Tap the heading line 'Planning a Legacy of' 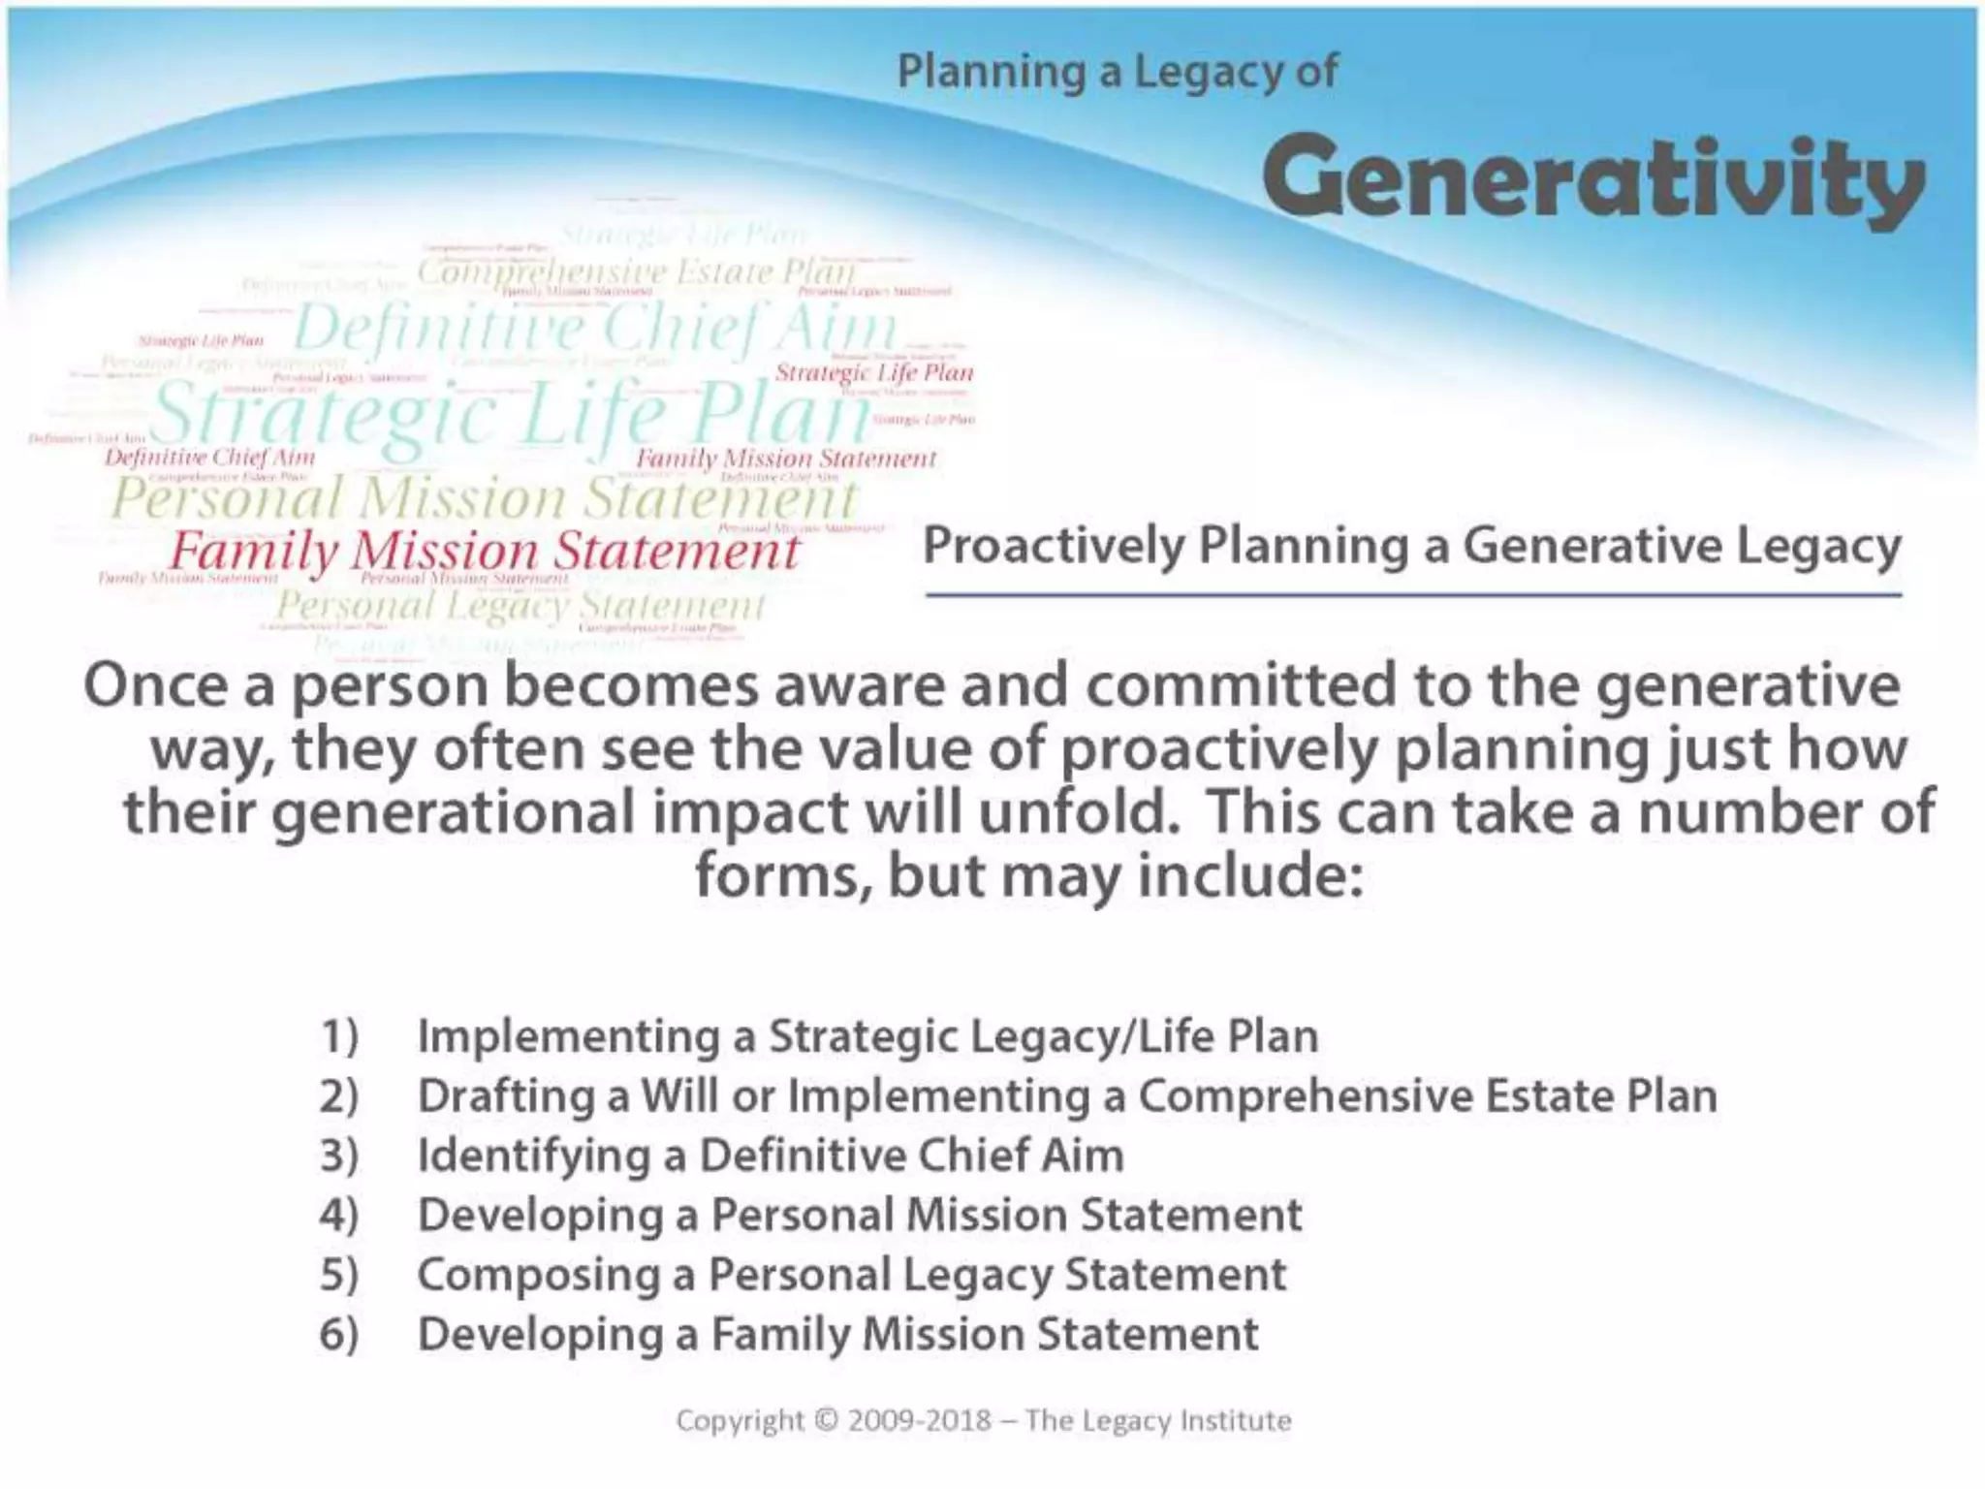1117,72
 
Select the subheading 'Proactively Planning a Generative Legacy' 1411,546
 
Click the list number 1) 339,1036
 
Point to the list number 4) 339,1215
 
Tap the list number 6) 339,1334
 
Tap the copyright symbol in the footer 827,1420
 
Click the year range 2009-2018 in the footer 920,1420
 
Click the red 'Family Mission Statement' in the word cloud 484,552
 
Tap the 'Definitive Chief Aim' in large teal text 594,328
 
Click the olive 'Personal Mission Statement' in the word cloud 485,498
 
